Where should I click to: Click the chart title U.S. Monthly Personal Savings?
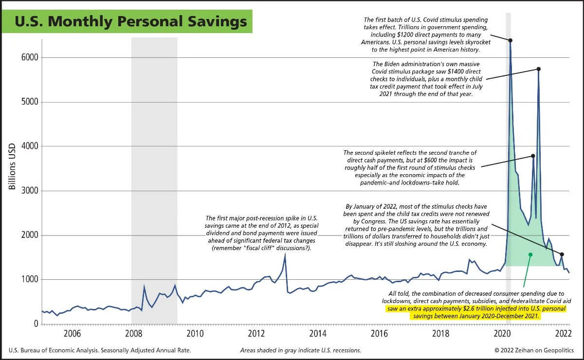130,22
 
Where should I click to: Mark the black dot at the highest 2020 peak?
510,40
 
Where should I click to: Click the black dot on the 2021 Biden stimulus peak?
539,69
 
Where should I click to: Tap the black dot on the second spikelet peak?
533,156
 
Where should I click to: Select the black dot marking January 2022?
562,254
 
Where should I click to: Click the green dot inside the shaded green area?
530,254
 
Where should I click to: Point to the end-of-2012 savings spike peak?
285,255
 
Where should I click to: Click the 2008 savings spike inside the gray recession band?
144,287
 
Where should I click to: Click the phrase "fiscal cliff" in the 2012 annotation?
257,248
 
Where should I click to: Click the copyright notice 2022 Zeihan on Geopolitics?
534,350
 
